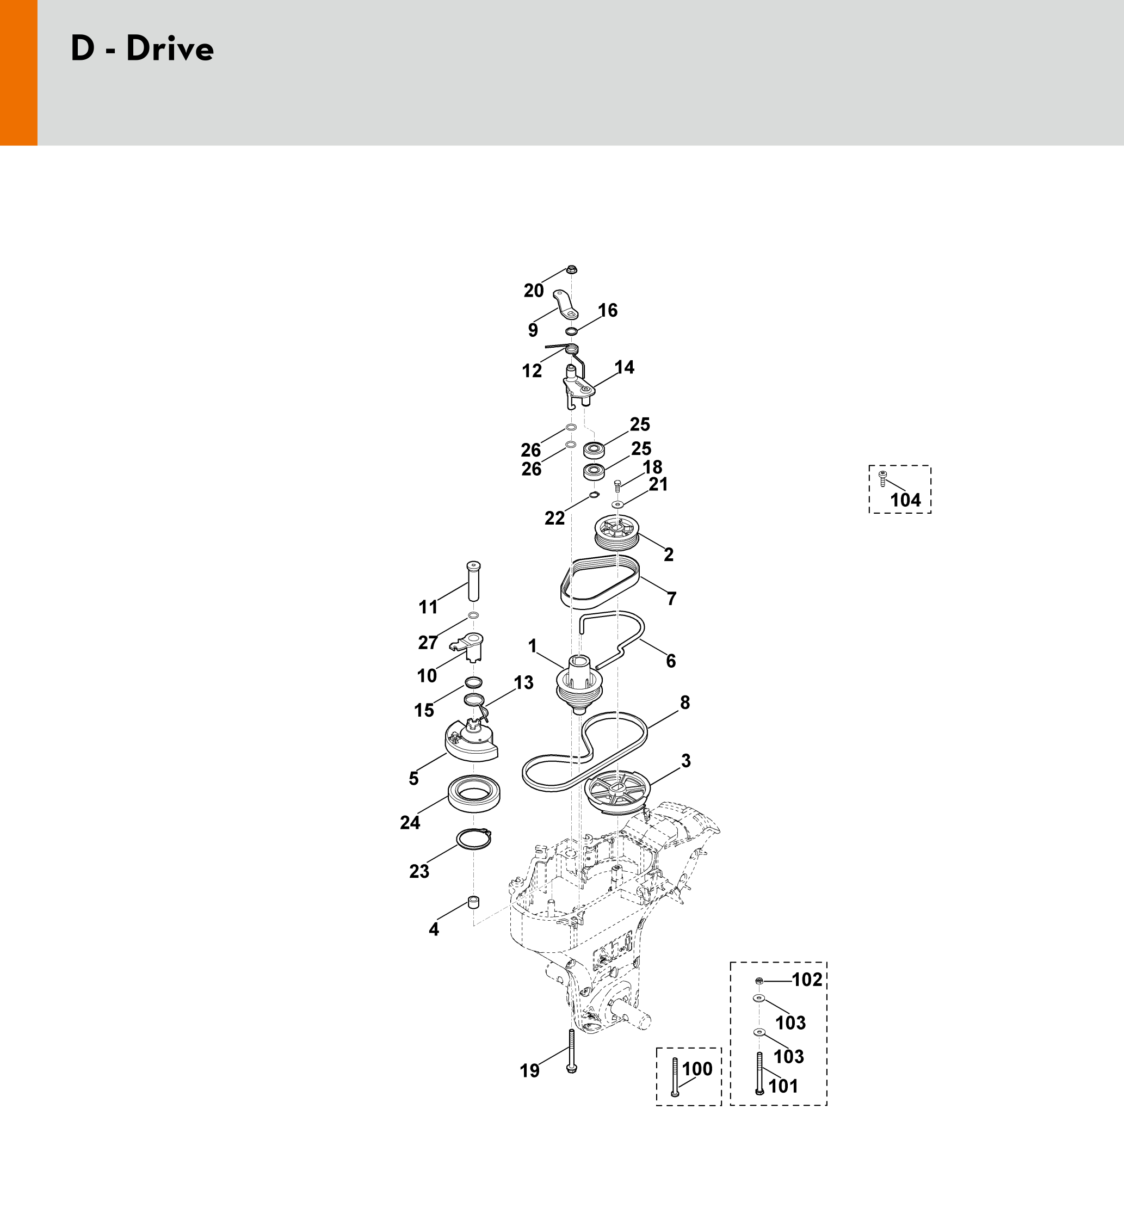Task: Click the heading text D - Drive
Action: [x=143, y=49]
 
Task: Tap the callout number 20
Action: [x=533, y=291]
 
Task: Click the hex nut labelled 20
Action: [x=572, y=269]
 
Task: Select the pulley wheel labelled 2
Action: [x=617, y=532]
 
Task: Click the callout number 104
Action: [x=905, y=500]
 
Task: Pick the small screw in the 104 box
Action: [x=882, y=478]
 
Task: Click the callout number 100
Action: [x=697, y=1069]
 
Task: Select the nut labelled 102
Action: [x=759, y=981]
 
